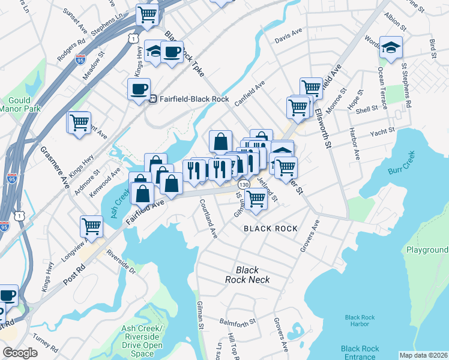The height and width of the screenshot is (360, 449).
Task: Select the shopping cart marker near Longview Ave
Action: click(91, 227)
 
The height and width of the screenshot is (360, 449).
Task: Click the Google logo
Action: click(20, 353)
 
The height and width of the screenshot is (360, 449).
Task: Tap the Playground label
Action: click(427, 250)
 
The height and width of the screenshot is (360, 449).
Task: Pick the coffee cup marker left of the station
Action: click(139, 90)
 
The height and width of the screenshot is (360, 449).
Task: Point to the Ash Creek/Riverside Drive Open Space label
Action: click(142, 341)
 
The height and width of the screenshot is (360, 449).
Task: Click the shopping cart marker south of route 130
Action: click(256, 199)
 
